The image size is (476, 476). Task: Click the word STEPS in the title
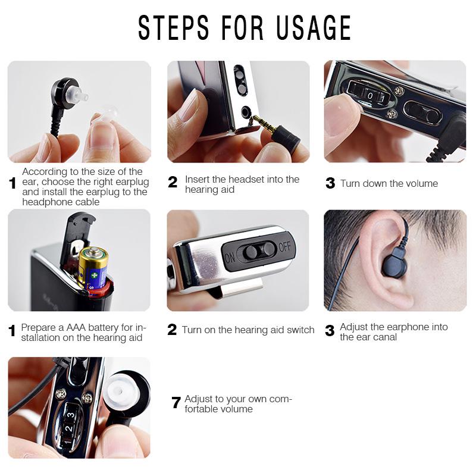(173, 28)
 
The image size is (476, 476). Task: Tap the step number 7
(176, 403)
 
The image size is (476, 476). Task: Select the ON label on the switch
(230, 256)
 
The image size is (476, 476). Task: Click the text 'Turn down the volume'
(389, 183)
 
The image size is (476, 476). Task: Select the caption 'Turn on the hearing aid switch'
(248, 330)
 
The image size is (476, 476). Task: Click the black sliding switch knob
(252, 252)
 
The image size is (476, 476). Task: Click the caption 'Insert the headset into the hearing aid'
(242, 184)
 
